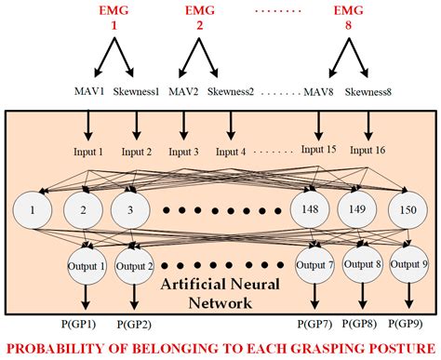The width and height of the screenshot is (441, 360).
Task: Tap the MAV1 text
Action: pos(91,93)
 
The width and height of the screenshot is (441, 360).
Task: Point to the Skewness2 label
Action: pos(231,93)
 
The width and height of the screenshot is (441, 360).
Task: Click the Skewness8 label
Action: pos(370,93)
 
